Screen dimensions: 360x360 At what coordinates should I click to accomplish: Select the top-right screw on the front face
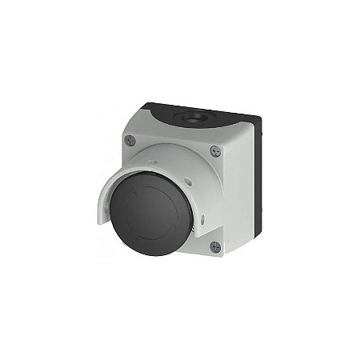[x=214, y=150]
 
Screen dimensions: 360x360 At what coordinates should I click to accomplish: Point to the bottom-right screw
[x=214, y=246]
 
